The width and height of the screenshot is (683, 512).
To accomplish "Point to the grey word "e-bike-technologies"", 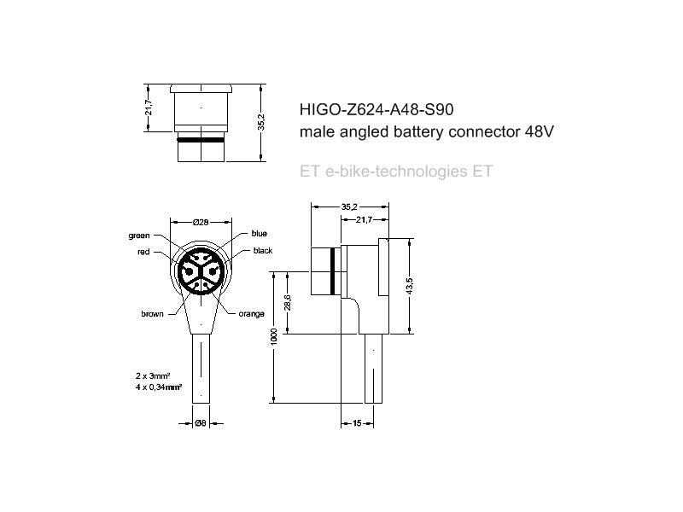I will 396,171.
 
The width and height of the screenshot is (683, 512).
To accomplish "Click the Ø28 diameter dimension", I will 201,221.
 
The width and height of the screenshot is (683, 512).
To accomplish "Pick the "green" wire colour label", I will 139,235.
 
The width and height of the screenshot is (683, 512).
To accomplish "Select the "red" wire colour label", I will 143,253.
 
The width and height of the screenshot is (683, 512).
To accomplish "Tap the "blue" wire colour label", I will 260,234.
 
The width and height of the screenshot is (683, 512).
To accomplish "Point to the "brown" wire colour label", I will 152,314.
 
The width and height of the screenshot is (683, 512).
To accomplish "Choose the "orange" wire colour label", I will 252,314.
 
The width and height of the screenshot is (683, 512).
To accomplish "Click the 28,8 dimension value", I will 288,305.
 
